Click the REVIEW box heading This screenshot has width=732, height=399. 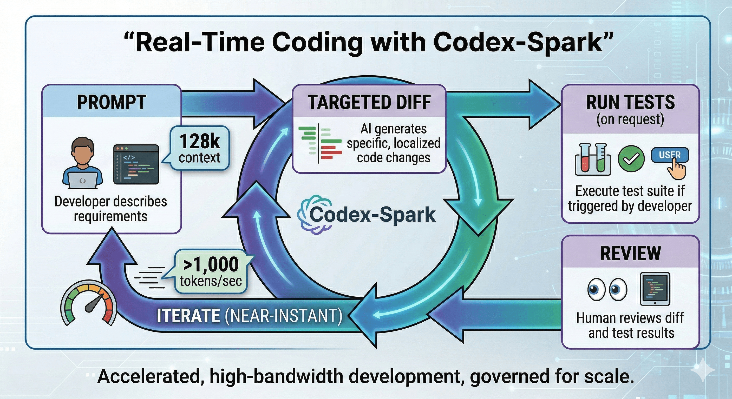(x=630, y=253)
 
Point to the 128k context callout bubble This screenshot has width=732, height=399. (x=199, y=149)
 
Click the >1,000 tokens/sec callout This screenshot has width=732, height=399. (x=211, y=271)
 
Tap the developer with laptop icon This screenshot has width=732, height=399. (x=82, y=164)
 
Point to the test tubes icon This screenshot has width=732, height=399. (x=593, y=159)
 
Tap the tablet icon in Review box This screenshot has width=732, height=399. (x=655, y=289)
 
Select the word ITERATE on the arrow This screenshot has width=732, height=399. (x=188, y=316)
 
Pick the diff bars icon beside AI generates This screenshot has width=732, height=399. (x=320, y=143)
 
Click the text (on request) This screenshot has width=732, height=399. (x=630, y=119)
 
